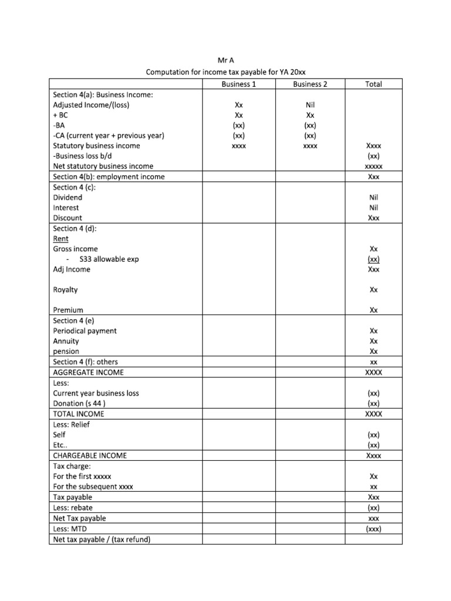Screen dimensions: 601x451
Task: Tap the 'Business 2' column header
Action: click(310, 84)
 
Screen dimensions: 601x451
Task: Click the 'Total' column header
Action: click(373, 84)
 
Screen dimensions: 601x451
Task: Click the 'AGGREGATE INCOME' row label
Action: click(89, 373)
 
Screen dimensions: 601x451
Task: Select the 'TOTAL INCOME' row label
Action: click(79, 414)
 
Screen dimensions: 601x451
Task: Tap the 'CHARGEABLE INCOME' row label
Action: click(90, 455)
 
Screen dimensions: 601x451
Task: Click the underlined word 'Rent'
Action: click(60, 239)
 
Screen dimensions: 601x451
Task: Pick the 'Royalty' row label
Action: click(65, 290)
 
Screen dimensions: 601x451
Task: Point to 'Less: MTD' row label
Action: click(70, 529)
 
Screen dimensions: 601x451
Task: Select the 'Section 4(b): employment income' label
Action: click(109, 177)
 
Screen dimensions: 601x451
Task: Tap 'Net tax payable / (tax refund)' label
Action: click(102, 539)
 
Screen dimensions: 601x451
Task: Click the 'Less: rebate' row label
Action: click(73, 508)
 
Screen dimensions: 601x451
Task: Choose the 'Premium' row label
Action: click(68, 310)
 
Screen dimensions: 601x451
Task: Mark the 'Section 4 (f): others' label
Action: click(85, 362)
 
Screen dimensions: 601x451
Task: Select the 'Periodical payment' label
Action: click(85, 331)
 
